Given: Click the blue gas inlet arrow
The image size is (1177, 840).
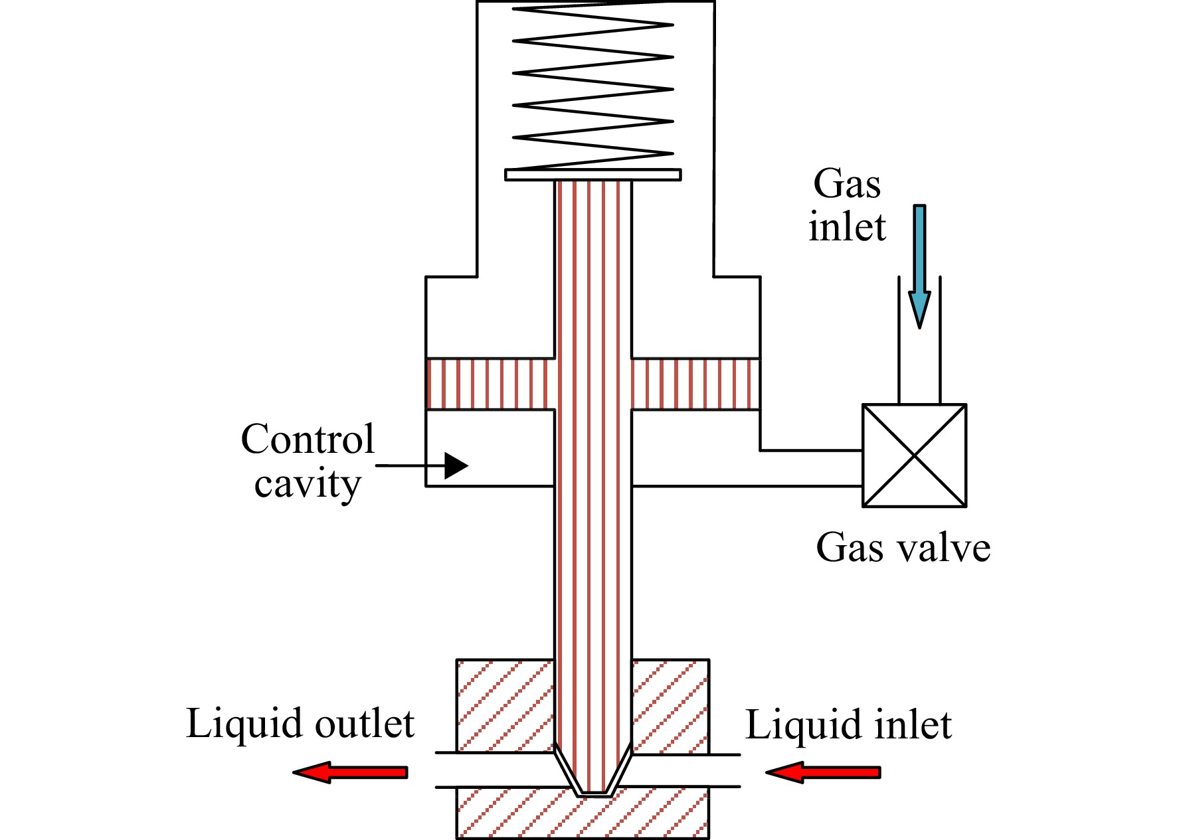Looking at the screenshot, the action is pyautogui.click(x=919, y=266).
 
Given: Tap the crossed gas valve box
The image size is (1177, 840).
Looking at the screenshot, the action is pyautogui.click(x=914, y=456).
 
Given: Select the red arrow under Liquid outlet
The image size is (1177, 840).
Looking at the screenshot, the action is pyautogui.click(x=350, y=772).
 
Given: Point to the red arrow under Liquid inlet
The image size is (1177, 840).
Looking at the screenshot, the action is pyautogui.click(x=823, y=772).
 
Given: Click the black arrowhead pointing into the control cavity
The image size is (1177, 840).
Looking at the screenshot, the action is pyautogui.click(x=456, y=465).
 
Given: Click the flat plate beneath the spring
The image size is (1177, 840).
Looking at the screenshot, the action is pyautogui.click(x=593, y=175).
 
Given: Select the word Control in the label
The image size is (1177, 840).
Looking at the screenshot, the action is pyautogui.click(x=308, y=439).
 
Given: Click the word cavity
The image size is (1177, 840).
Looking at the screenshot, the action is pyautogui.click(x=308, y=485).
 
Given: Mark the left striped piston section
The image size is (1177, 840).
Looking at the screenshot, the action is pyautogui.click(x=490, y=384).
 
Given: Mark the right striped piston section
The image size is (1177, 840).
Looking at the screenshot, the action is pyautogui.click(x=695, y=384).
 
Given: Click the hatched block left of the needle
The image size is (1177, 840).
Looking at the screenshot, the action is pyautogui.click(x=505, y=705).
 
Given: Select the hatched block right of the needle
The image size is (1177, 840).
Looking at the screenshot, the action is pyautogui.click(x=670, y=705).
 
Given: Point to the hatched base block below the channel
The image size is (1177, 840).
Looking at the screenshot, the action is pyautogui.click(x=583, y=813).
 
